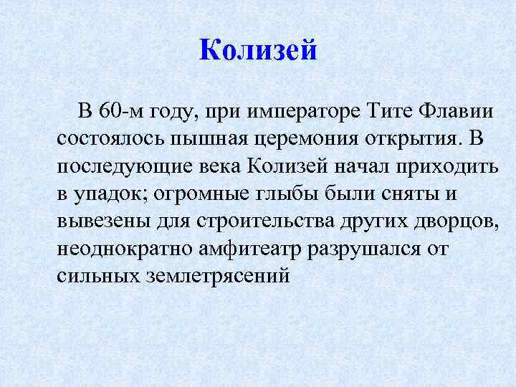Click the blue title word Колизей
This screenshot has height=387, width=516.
257,50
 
